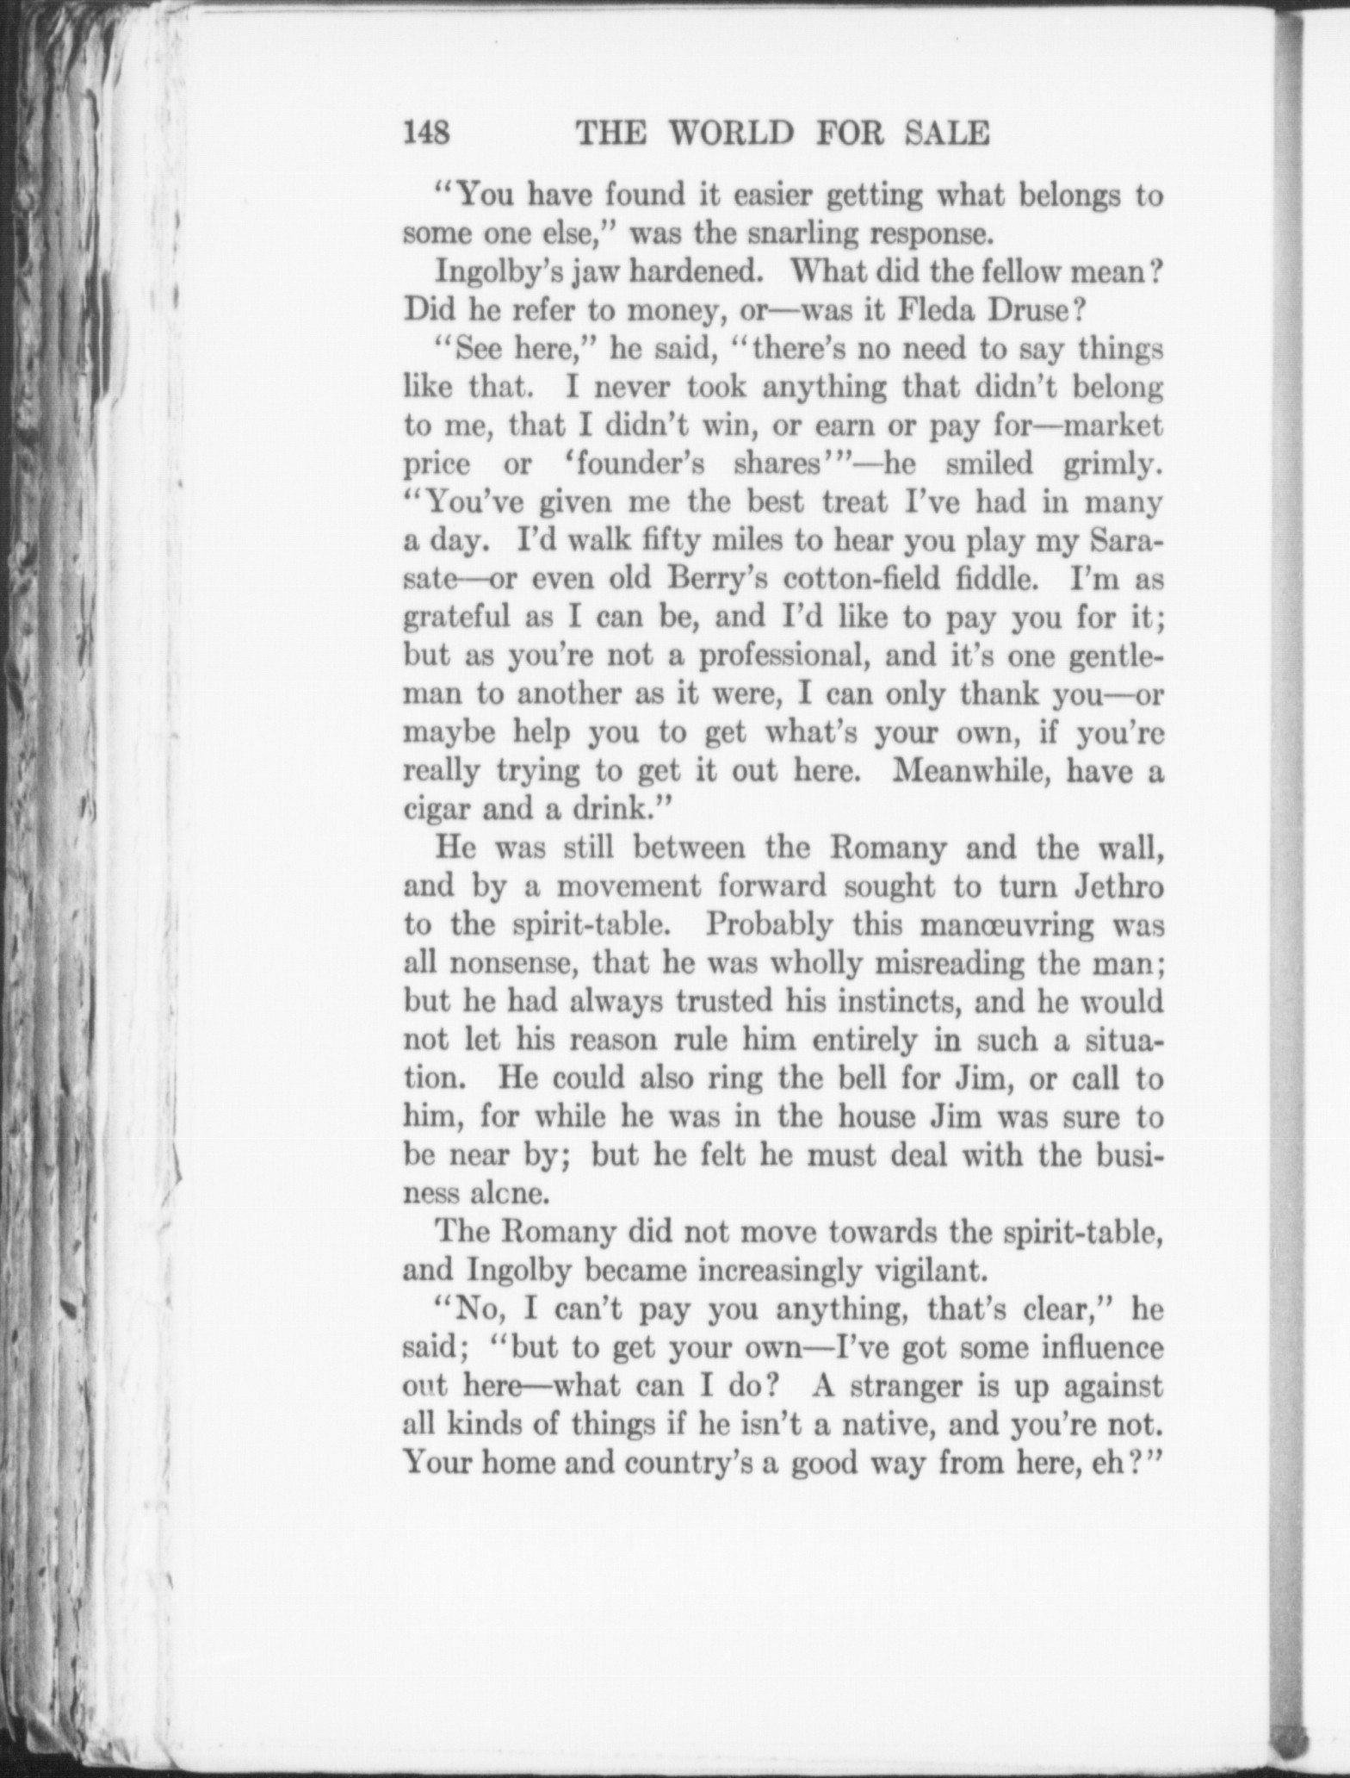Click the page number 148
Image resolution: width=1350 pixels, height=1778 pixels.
pos(427,134)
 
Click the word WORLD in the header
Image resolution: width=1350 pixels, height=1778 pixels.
pos(733,134)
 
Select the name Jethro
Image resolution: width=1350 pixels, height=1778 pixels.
pos(1118,886)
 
